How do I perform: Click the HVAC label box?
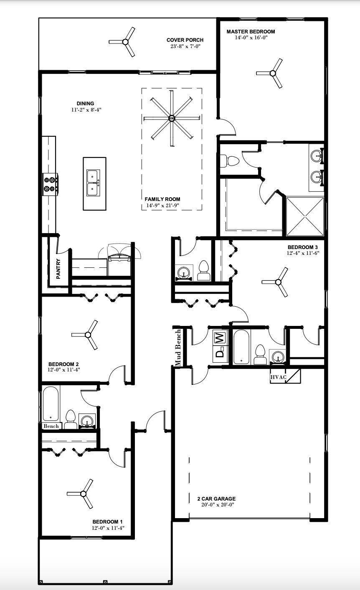[279, 377]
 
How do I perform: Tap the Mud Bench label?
[178, 348]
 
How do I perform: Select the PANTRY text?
[58, 269]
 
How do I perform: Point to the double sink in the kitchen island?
[93, 183]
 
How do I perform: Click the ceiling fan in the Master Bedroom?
[272, 74]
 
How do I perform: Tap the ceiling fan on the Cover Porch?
[124, 41]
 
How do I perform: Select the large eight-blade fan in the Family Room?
[171, 119]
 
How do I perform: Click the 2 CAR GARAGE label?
[216, 498]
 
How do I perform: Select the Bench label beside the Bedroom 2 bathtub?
[51, 426]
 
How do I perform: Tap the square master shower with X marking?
[304, 216]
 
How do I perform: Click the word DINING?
[85, 104]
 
